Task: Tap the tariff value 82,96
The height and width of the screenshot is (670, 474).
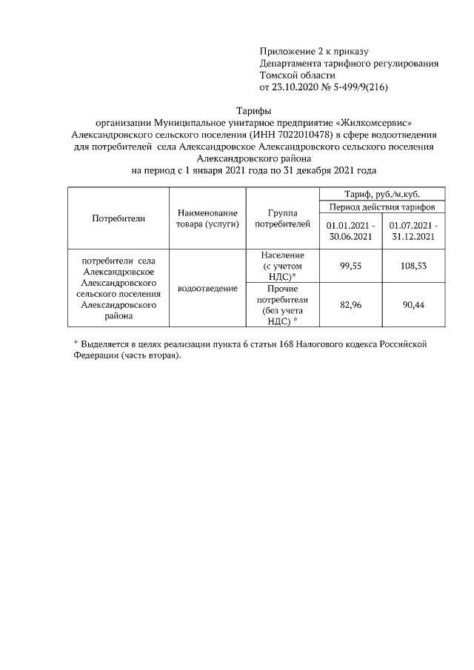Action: [x=350, y=304]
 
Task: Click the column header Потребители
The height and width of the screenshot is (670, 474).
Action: [x=118, y=218]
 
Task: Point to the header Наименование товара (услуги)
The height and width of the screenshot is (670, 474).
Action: [x=207, y=218]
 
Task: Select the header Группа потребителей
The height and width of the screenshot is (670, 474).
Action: [x=281, y=218]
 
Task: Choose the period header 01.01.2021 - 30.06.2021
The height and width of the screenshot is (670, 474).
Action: [x=350, y=231]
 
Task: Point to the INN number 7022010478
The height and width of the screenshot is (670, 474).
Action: [x=304, y=135]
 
